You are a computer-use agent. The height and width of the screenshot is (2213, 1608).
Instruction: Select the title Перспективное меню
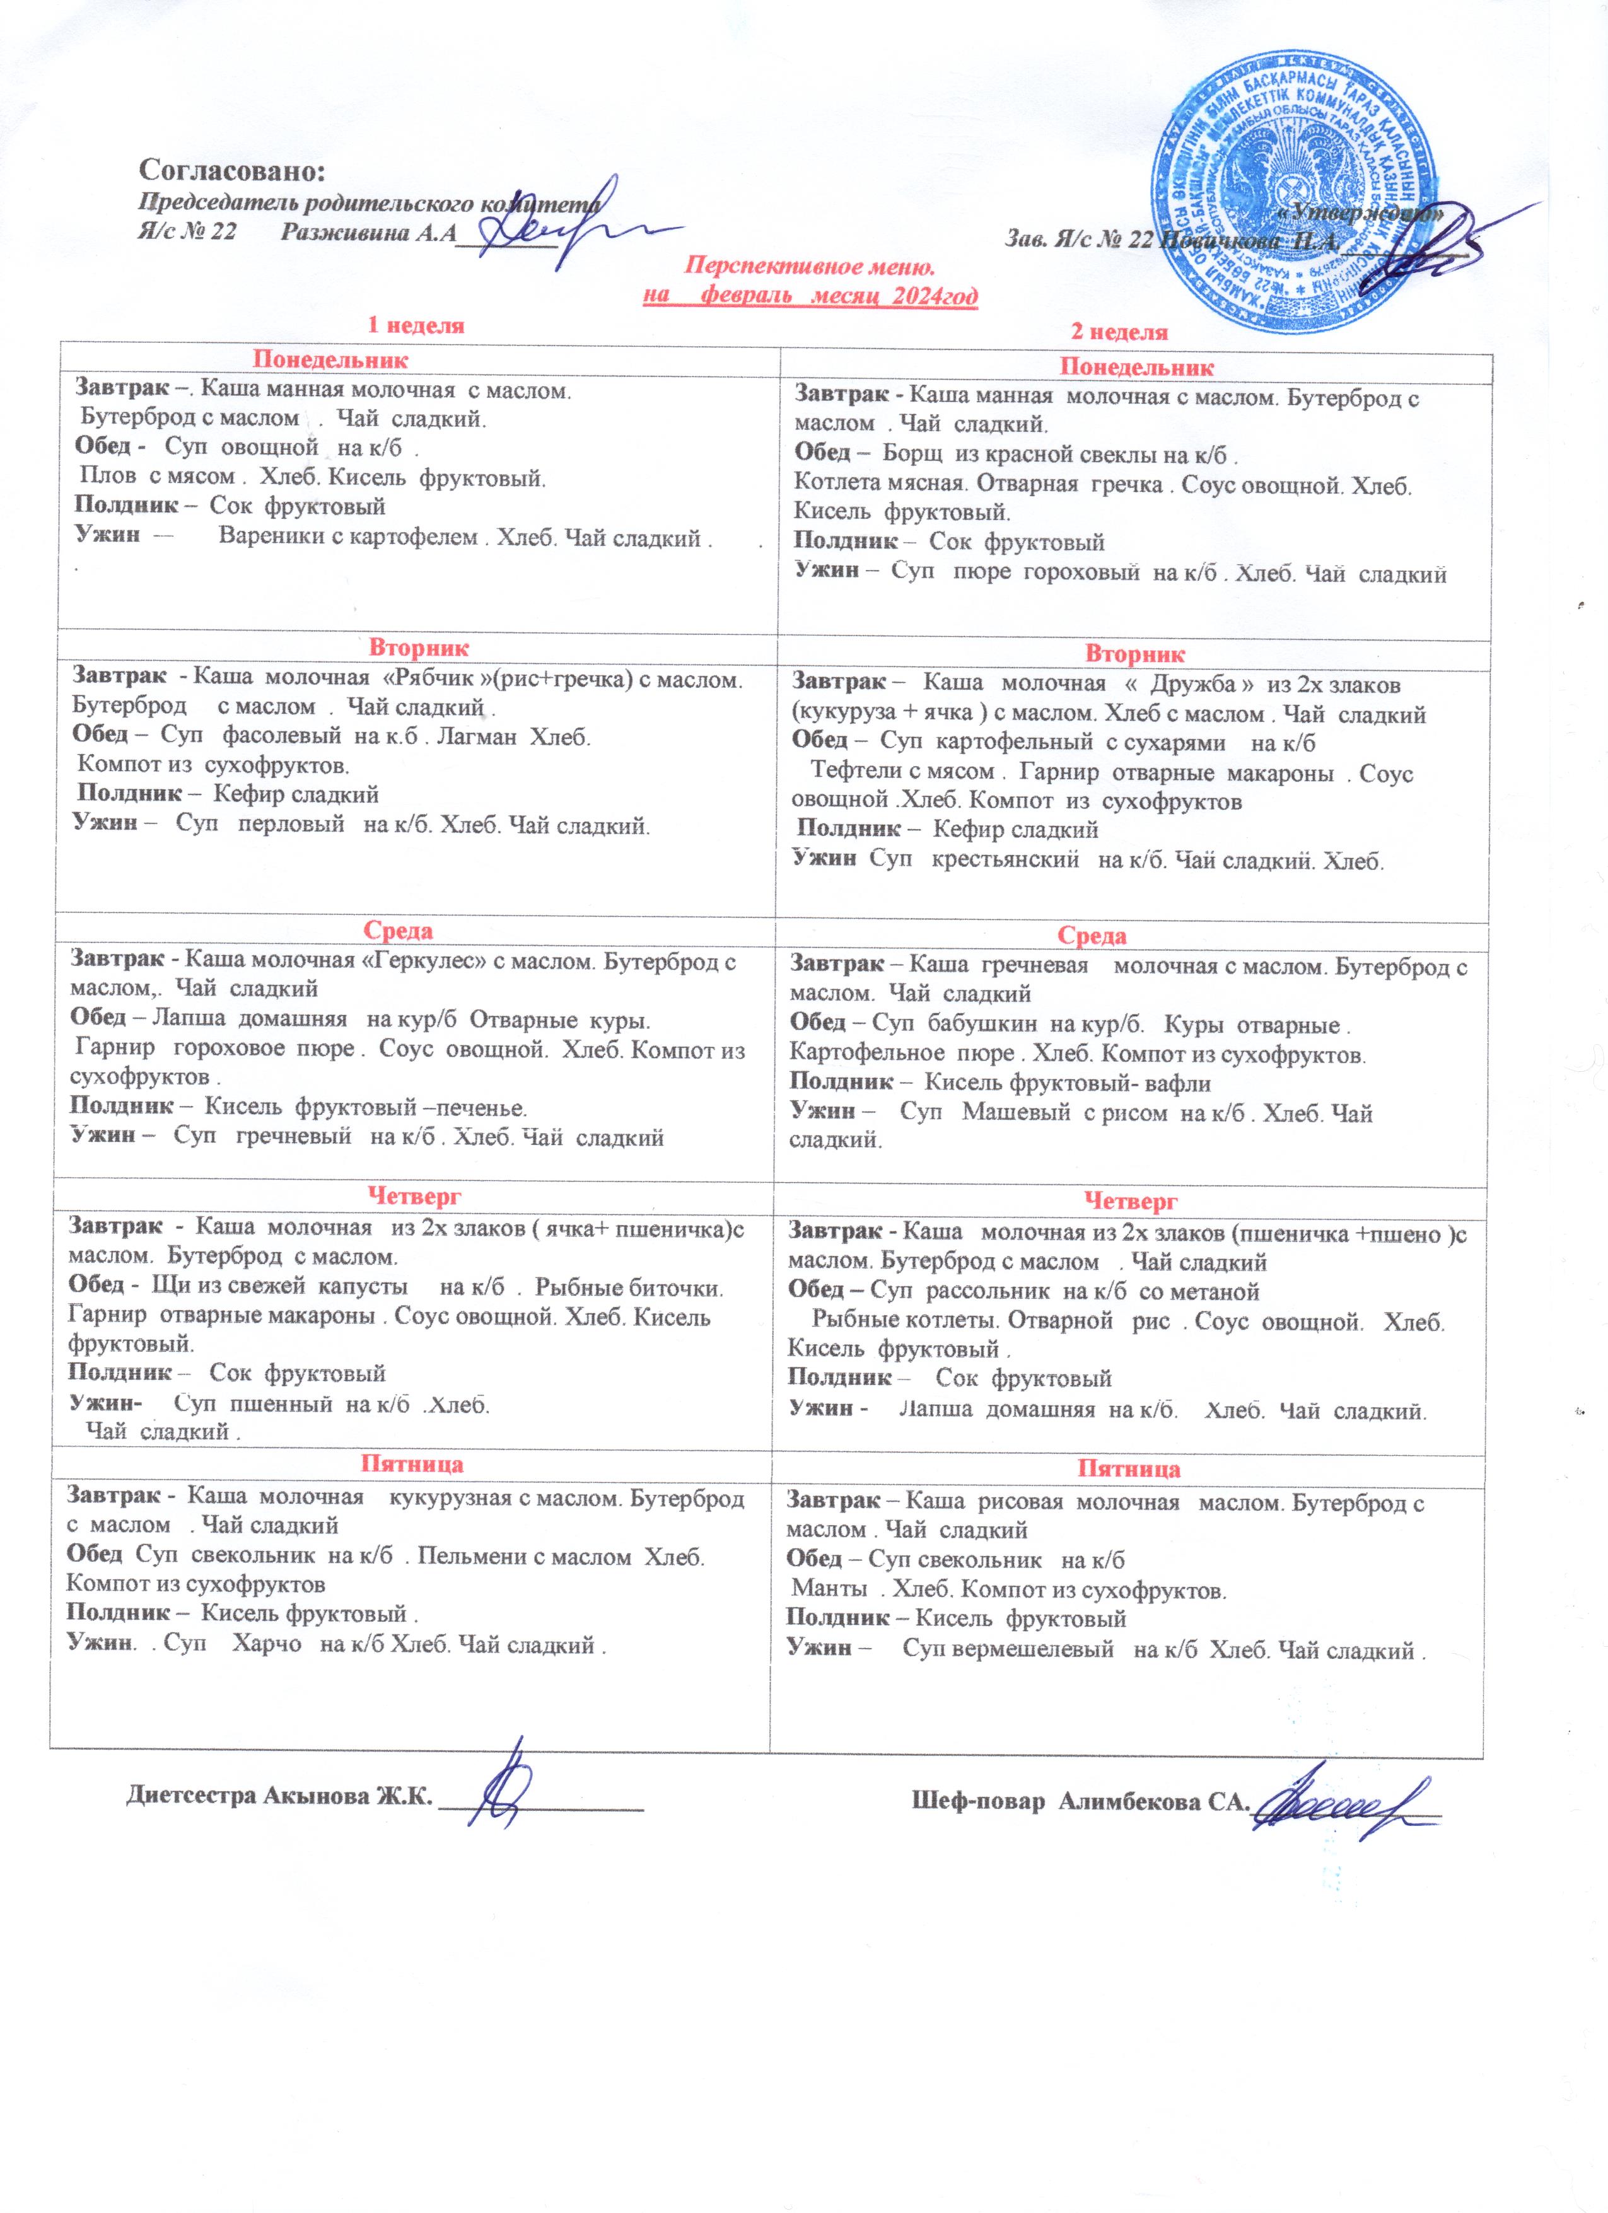[x=810, y=265]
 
